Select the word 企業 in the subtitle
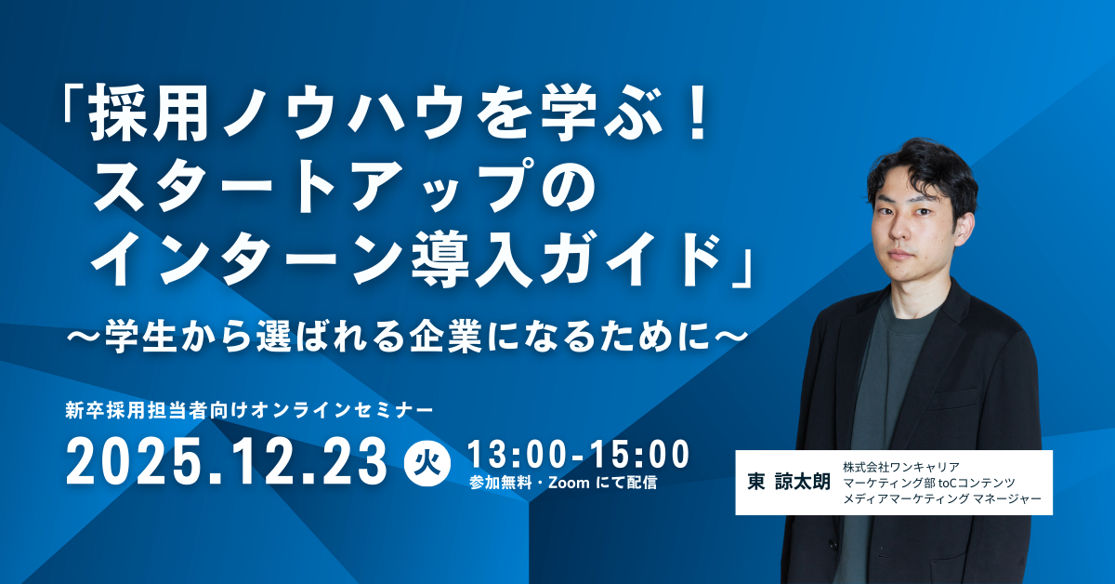[x=445, y=338]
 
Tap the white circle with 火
[x=428, y=463]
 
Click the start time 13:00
[x=518, y=454]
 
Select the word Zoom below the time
[x=569, y=483]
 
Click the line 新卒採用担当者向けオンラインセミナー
[x=249, y=411]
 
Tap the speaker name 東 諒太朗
[x=789, y=482]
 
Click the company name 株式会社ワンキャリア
[x=901, y=467]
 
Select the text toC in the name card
[x=946, y=483]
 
